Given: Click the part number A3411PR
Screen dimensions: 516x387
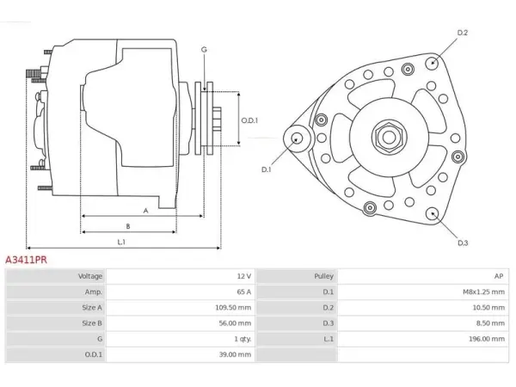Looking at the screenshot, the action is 27,260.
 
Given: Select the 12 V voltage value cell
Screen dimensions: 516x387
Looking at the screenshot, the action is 244,276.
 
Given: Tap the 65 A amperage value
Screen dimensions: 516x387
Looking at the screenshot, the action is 244,292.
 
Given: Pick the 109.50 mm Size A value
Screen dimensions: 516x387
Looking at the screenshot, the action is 233,308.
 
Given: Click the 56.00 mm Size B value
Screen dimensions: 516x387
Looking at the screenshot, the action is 235,323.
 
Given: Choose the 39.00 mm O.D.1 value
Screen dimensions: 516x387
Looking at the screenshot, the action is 235,354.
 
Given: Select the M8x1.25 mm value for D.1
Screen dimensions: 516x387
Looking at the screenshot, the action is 483,292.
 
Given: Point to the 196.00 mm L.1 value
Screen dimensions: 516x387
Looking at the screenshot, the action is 487,339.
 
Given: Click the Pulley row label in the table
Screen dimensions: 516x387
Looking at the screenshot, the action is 324,276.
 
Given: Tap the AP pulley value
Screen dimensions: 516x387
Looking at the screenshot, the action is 499,276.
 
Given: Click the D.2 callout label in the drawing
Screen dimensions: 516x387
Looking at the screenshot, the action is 463,33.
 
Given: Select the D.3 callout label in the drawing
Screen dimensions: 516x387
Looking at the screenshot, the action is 463,243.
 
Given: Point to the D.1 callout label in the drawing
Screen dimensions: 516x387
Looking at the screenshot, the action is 266,169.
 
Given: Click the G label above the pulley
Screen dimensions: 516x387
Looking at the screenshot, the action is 204,50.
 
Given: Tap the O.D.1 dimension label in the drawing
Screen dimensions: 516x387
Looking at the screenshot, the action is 249,120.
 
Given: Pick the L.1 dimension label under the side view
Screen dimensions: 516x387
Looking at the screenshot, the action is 121,243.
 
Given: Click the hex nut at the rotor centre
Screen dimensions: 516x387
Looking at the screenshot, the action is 389,138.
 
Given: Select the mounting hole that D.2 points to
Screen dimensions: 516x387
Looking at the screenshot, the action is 432,63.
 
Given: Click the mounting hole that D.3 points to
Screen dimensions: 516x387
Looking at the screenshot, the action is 432,214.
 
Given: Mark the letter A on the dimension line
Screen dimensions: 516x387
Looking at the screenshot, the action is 146,211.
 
